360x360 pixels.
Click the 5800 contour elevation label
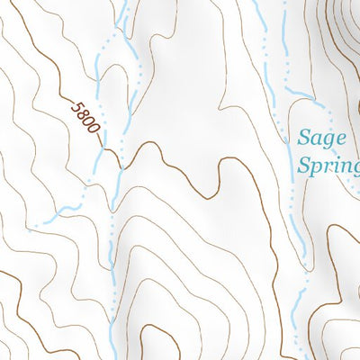pyautogui.click(x=84, y=118)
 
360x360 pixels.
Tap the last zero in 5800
pyautogui.click(x=92, y=129)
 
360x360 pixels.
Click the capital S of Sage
pyautogui.click(x=303, y=139)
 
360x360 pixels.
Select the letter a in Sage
pyautogui.click(x=315, y=140)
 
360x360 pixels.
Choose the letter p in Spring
pyautogui.click(x=315, y=169)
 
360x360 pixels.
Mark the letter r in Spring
pyautogui.click(x=326, y=167)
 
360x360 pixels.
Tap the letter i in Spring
pyautogui.click(x=334, y=166)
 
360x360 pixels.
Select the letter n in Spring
pyautogui.click(x=344, y=167)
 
